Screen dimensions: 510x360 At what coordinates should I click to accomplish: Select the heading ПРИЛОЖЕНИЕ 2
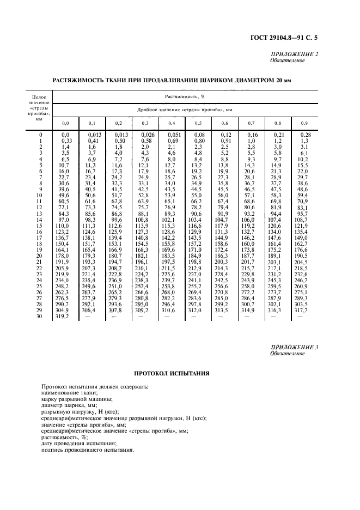pos(294,54)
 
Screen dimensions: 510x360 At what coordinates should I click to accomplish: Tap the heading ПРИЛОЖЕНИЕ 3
pos(294,347)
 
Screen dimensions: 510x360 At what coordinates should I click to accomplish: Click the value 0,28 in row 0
pos(304,134)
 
